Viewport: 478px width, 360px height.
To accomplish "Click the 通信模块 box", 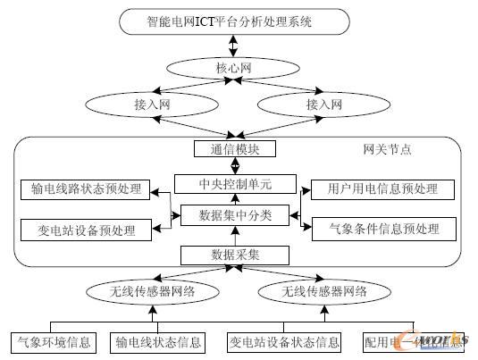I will (x=235, y=148).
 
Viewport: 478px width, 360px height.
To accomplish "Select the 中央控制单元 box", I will (x=235, y=185).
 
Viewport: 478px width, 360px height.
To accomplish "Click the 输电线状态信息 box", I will (x=157, y=342).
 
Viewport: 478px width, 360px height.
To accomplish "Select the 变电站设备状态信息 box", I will (x=285, y=342).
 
